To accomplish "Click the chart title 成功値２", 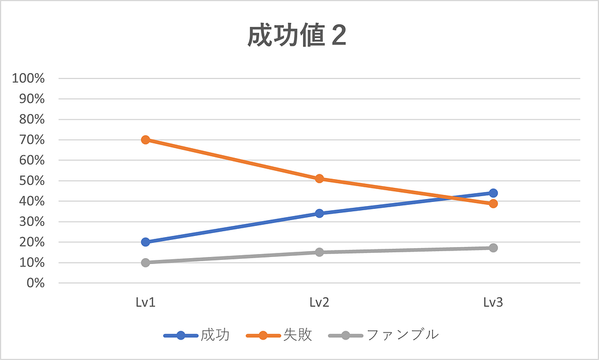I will point(297,37).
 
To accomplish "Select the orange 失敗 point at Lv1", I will point(145,140).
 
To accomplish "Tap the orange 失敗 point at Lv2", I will point(319,179).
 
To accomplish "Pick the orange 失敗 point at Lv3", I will point(493,204).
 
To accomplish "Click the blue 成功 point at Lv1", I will point(145,242).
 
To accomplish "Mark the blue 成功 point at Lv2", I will point(319,213).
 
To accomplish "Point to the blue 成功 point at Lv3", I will point(493,193).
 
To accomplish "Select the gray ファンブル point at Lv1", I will point(145,262).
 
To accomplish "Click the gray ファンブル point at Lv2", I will point(319,252).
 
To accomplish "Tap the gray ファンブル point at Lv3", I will point(493,248).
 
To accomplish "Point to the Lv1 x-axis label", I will point(145,303).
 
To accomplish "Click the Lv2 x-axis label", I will point(319,303).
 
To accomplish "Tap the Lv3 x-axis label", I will point(493,303).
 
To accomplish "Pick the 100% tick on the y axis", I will point(29,78).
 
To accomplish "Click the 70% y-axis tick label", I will point(32,140).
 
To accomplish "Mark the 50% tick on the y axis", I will point(32,181).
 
